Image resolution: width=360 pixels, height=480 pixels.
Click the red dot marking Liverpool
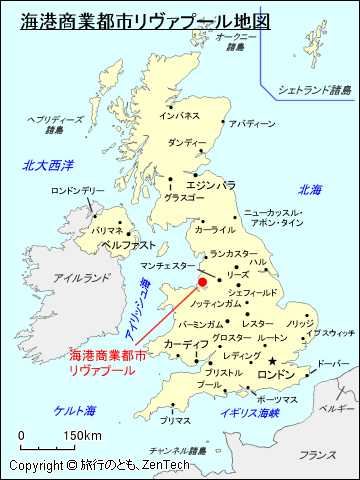pos(202,283)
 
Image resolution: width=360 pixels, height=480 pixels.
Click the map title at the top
pos(145,20)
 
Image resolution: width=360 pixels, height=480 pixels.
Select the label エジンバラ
pos(211,185)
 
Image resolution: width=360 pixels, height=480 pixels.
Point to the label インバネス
pos(180,116)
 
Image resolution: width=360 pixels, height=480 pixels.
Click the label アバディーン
pos(252,124)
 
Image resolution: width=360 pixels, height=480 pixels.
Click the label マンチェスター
pos(168,266)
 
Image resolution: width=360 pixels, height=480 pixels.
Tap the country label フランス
pos(317,455)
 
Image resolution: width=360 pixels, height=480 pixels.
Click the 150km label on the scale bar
pos(82,436)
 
